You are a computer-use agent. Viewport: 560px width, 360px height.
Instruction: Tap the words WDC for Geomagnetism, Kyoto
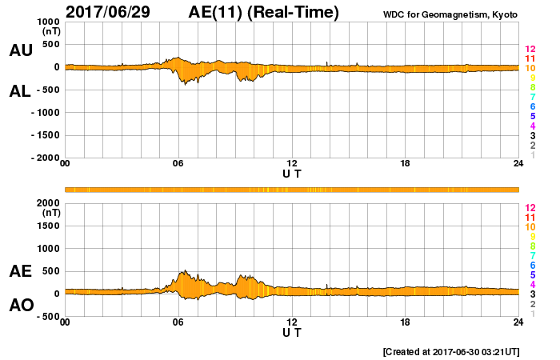point(451,14)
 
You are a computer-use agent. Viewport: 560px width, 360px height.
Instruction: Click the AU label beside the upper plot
point(21,50)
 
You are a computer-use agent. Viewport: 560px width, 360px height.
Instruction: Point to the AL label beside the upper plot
point(21,91)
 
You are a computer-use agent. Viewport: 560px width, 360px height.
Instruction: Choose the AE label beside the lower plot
point(21,271)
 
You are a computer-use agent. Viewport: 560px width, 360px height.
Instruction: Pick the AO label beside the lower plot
point(21,305)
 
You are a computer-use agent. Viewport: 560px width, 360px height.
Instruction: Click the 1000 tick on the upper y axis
point(47,22)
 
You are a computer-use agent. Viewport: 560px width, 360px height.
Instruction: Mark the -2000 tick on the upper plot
point(45,158)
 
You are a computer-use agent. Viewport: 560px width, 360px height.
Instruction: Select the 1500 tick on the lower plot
point(47,226)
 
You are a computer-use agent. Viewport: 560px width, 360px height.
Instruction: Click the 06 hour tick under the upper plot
point(178,164)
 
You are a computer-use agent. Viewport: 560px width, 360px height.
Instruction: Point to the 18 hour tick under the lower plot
point(406,322)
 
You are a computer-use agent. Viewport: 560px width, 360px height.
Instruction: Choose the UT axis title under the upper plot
point(292,173)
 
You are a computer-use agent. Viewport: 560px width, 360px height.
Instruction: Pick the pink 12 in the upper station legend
point(530,50)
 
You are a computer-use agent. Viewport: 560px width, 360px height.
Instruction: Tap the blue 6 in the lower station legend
point(533,266)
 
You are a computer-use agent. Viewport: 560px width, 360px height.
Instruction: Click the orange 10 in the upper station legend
point(530,69)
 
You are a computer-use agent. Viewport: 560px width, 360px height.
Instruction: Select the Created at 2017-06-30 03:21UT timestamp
point(451,351)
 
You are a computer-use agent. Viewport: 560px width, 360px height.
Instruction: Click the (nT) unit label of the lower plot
point(51,213)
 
